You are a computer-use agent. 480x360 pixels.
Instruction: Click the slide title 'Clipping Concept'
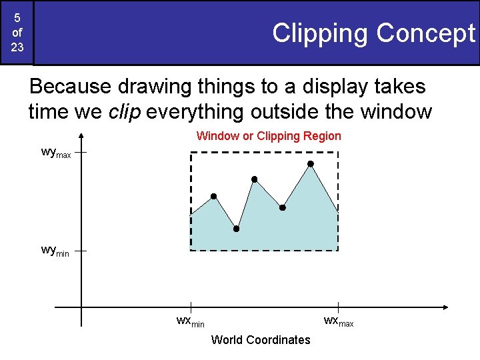point(373,33)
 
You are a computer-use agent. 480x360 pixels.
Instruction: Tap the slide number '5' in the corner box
point(17,18)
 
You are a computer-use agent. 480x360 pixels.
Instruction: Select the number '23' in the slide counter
point(17,47)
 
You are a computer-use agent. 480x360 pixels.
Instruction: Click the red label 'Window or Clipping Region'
point(269,136)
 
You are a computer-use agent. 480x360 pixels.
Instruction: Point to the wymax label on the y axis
point(55,153)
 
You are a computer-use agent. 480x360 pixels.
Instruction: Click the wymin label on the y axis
point(55,251)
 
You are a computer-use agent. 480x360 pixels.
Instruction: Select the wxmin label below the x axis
point(190,321)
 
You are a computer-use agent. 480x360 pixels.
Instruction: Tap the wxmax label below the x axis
point(338,321)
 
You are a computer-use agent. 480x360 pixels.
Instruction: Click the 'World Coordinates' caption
point(261,340)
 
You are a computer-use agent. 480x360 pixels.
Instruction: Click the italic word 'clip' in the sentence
point(124,112)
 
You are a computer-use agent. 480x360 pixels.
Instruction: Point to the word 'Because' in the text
point(70,87)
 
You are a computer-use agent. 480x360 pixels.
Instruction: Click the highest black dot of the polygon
point(310,163)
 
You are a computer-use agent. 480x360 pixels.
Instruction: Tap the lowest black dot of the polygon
point(236,229)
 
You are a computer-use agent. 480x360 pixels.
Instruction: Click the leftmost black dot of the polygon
point(213,196)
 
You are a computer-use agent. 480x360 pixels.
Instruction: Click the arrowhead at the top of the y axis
point(81,137)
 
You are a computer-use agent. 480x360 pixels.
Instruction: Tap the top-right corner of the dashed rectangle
point(338,153)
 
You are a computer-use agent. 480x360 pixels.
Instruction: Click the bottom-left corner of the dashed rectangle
point(191,250)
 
